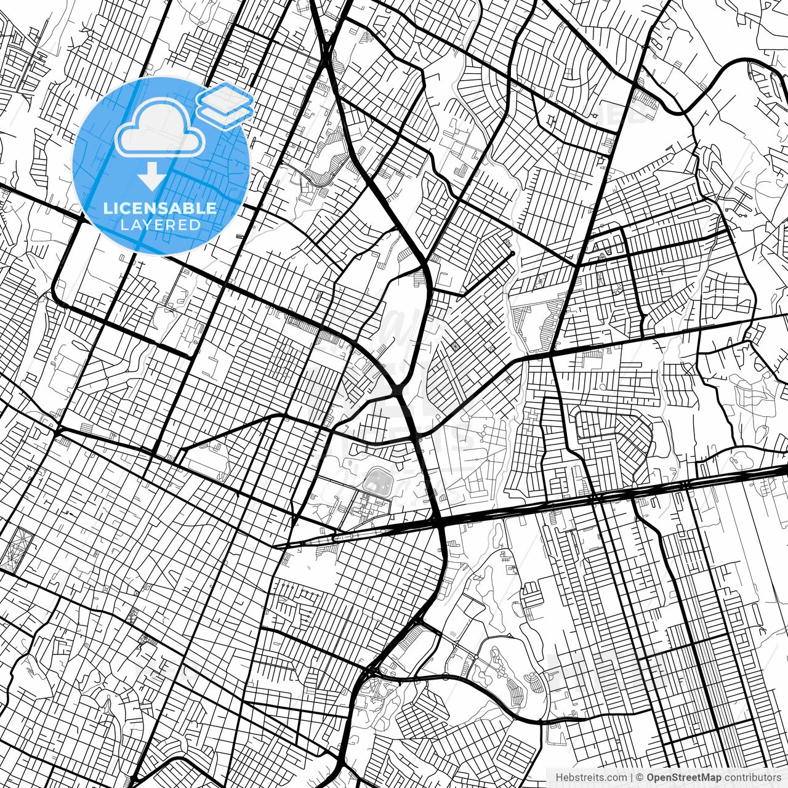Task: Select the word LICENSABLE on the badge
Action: (x=160, y=209)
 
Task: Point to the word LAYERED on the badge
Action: (x=160, y=225)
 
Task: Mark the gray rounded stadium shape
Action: (x=376, y=481)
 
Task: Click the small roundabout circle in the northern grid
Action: (x=433, y=212)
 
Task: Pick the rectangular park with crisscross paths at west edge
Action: (x=12, y=547)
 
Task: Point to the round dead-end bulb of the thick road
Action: (x=512, y=252)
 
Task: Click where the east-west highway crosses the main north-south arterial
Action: (x=440, y=522)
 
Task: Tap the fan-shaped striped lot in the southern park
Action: (x=533, y=681)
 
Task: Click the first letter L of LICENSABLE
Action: (x=107, y=209)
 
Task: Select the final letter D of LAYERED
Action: (x=196, y=225)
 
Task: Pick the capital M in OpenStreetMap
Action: (x=707, y=778)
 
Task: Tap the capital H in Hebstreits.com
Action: (x=558, y=778)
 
